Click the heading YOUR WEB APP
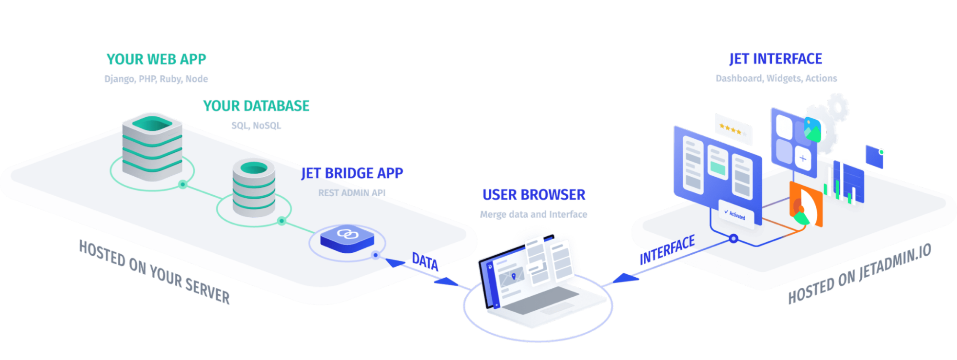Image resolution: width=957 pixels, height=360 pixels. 156,59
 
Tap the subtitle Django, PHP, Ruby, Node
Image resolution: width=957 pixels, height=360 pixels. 156,79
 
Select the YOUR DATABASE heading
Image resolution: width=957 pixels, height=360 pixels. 256,106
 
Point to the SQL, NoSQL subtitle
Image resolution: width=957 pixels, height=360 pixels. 256,126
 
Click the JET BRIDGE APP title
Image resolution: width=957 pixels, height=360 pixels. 352,173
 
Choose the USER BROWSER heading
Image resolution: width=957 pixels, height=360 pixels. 534,194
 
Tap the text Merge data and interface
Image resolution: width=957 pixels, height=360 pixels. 534,214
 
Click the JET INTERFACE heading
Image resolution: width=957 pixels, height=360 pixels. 776,59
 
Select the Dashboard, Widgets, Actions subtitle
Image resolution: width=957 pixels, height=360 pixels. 776,79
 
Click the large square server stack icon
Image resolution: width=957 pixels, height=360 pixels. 152,146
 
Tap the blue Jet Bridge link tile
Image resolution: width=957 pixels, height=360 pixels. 346,237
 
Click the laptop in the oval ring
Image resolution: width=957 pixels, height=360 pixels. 536,282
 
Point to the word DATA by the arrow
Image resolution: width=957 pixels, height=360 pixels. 425,262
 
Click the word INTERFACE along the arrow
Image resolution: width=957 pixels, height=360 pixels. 667,250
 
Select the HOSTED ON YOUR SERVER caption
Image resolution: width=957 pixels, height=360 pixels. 154,272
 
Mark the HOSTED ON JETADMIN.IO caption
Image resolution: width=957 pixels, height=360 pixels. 859,275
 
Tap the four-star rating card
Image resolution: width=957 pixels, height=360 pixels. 733,129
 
